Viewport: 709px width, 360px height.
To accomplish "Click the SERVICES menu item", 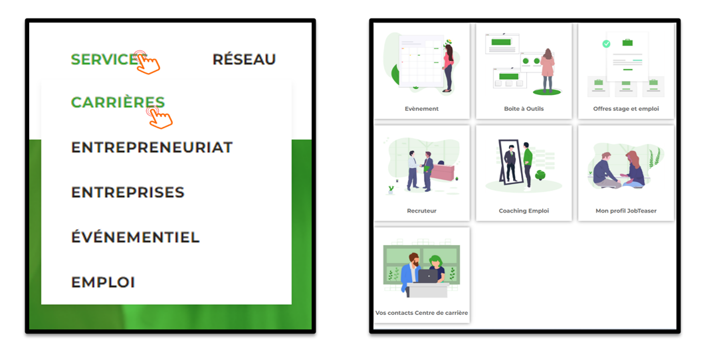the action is click(x=106, y=59).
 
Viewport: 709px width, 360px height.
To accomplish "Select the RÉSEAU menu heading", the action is click(x=244, y=59).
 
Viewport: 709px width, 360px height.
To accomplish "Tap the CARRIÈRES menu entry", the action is click(x=118, y=102).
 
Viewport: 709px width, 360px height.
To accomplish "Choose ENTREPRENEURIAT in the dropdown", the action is click(x=152, y=147).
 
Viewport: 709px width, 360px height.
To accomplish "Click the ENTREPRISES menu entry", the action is click(x=128, y=192).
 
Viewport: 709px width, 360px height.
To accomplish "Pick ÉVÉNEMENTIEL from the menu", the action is click(x=135, y=236).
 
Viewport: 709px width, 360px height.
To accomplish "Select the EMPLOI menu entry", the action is click(x=103, y=282).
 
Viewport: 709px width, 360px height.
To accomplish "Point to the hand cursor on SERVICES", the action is click(x=148, y=63).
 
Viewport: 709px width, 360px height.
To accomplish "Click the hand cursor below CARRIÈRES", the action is click(x=159, y=118).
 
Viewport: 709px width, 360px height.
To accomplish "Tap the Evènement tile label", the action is click(x=421, y=108).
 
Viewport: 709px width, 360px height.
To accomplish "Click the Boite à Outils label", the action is click(x=524, y=108).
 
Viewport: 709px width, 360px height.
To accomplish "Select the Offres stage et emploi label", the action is click(x=626, y=108).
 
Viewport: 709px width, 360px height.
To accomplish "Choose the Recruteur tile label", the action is click(x=421, y=211).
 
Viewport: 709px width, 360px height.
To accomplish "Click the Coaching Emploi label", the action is click(x=524, y=211).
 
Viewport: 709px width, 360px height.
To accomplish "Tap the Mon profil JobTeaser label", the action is click(x=626, y=211).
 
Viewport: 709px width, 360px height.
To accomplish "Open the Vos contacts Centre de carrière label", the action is click(x=421, y=313).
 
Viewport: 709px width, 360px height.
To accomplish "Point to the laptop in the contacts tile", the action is click(x=427, y=276).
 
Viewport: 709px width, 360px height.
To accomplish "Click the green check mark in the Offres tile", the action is click(x=607, y=44).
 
